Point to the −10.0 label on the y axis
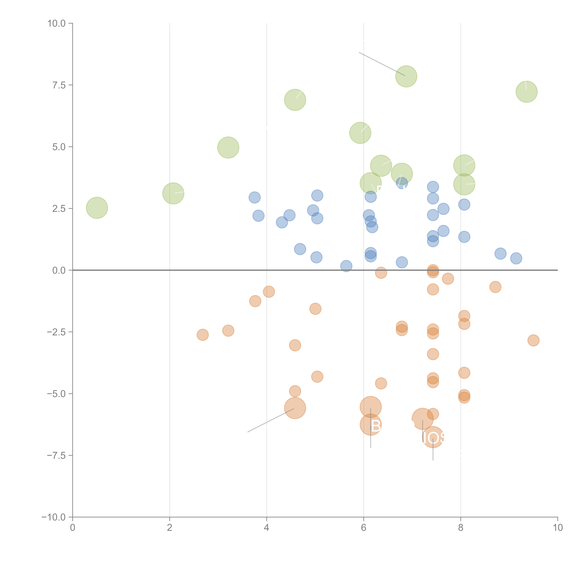coord(54,517)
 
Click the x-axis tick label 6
coord(364,528)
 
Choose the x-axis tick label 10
coord(558,528)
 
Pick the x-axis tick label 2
coord(170,528)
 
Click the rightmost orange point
coord(533,340)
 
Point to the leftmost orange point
coord(203,335)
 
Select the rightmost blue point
coord(516,258)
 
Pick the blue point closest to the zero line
coord(346,266)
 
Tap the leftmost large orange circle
coord(295,408)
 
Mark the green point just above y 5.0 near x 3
coord(228,147)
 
